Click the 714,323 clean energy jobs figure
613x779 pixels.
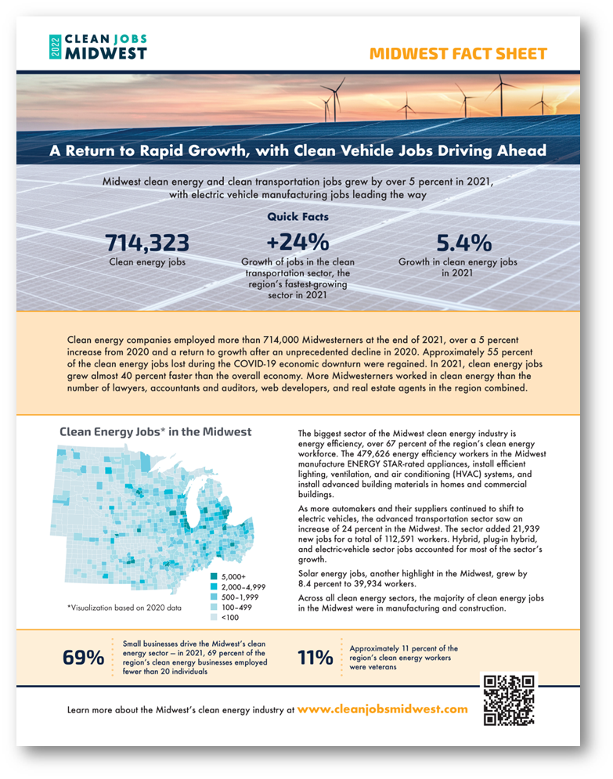[147, 243]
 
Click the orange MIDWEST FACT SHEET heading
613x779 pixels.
[458, 54]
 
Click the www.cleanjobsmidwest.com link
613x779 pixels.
[383, 709]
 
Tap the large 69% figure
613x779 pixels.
[83, 658]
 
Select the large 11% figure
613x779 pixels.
[316, 658]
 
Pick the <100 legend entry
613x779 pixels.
[228, 617]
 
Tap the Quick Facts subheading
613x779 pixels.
[297, 217]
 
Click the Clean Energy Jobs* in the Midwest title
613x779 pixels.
[156, 432]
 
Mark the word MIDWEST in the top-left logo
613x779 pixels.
[103, 52]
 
